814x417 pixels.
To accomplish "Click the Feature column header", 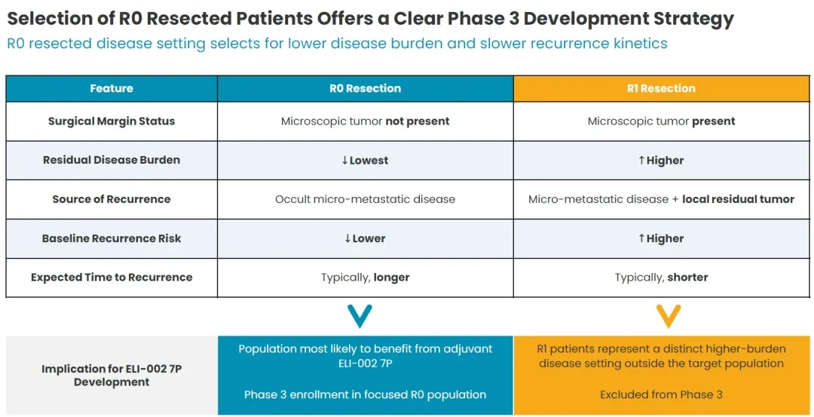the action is [111, 88].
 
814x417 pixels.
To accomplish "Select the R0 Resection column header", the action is [365, 88].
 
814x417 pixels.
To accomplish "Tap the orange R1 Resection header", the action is [661, 88].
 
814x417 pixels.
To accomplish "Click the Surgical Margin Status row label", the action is [111, 121].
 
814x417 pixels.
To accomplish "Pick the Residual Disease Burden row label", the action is [111, 160].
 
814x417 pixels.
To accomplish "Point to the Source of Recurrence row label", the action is [111, 199].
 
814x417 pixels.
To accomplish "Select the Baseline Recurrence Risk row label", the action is [111, 238].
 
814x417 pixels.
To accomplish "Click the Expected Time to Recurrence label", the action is [111, 277].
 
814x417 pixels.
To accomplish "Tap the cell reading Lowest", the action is [365, 160].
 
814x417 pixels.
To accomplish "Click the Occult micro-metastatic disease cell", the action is [365, 199].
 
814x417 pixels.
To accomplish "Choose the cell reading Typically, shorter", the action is [661, 277].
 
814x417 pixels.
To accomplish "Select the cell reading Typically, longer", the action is [365, 277].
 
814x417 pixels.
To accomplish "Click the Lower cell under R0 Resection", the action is [365, 238].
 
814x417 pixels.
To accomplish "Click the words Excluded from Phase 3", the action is [661, 394].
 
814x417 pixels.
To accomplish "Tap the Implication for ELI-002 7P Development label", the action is [111, 376].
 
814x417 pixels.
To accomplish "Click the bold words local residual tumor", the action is [738, 199].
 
